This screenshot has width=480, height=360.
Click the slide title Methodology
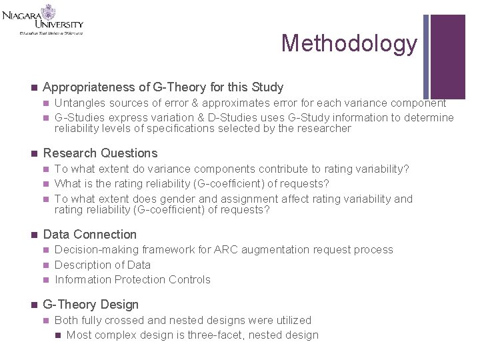pos(349,43)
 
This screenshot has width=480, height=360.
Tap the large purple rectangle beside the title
pos(447,57)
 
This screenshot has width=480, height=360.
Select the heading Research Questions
pos(100,153)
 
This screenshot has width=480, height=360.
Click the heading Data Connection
pos(89,235)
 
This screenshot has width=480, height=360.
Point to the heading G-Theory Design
pos(91,305)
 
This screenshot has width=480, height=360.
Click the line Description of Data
pos(103,265)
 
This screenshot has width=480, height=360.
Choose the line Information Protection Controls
pos(132,280)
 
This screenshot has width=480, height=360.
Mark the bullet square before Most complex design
pos(58,335)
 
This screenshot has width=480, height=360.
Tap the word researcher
pos(323,129)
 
